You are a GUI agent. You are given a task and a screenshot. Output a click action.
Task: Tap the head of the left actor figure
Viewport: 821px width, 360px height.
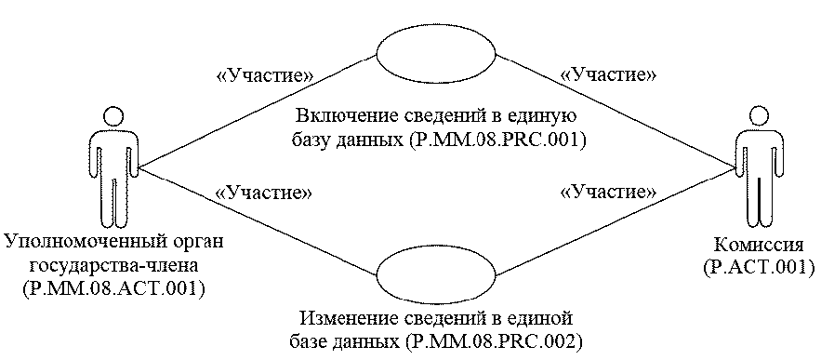[x=113, y=118]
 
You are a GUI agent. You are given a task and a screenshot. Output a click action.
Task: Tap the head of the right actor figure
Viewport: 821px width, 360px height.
[x=760, y=118]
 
